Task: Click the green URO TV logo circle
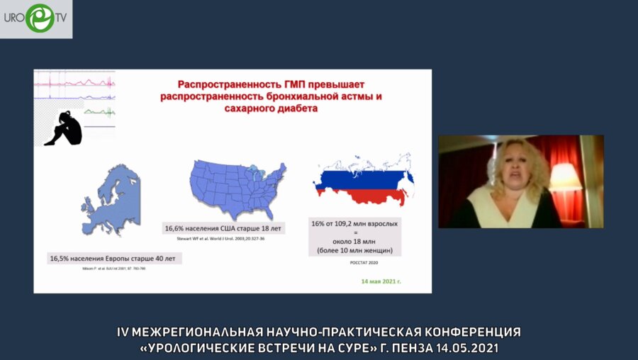[x=40, y=18]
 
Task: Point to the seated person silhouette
[x=63, y=128]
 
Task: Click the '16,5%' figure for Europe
[x=61, y=259]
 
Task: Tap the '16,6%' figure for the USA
[x=177, y=230]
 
